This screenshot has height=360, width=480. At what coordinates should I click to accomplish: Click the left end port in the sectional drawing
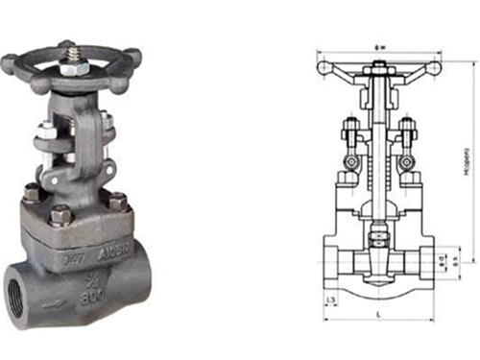(x=335, y=262)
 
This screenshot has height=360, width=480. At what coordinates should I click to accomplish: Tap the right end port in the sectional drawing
(x=425, y=262)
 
